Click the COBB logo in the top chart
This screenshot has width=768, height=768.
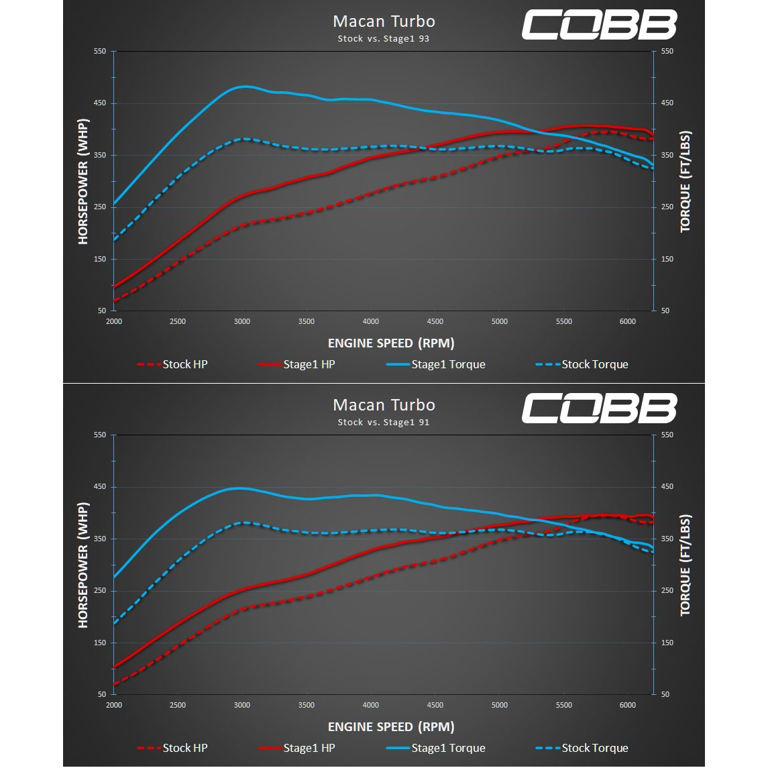pyautogui.click(x=599, y=25)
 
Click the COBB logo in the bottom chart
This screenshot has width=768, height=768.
pyautogui.click(x=599, y=408)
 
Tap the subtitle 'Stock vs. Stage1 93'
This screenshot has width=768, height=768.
pyautogui.click(x=384, y=39)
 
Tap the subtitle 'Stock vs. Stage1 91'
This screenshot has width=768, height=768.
pyautogui.click(x=384, y=423)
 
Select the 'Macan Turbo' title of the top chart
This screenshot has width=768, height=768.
pyautogui.click(x=384, y=21)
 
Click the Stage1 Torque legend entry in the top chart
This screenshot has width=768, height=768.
pyautogui.click(x=435, y=364)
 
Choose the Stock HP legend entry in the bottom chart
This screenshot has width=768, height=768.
pyautogui.click(x=172, y=748)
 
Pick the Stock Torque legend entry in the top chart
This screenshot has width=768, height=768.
pyautogui.click(x=582, y=364)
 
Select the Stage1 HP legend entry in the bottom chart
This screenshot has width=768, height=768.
pyautogui.click(x=296, y=748)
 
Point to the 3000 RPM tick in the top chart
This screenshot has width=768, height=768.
pyautogui.click(x=242, y=321)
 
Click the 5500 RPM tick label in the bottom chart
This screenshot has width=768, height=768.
pyautogui.click(x=563, y=705)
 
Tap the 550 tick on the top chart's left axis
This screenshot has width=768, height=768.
pyautogui.click(x=100, y=52)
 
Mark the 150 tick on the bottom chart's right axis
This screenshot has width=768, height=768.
pyautogui.click(x=665, y=643)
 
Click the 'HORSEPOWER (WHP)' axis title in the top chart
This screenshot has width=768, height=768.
pyautogui.click(x=83, y=181)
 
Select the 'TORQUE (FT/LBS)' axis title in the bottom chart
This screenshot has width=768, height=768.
pyautogui.click(x=685, y=565)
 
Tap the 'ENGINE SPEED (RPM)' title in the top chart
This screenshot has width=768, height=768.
pyautogui.click(x=391, y=343)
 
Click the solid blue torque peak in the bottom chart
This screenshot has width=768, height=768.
pyautogui.click(x=239, y=488)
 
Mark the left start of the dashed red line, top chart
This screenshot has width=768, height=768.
pyautogui.click(x=115, y=300)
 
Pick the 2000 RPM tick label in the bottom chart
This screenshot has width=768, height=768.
pyautogui.click(x=114, y=705)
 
